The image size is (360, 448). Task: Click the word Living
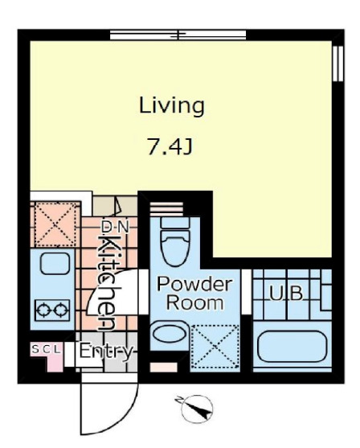point(172,106)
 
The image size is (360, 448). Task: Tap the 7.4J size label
point(170,146)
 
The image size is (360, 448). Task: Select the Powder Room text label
point(194,293)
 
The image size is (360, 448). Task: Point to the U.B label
point(286,293)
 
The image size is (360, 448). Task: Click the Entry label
point(106,351)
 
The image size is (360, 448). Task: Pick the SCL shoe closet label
point(47,349)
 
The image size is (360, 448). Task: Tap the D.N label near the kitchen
point(116,227)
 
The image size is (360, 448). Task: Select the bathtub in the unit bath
point(292,346)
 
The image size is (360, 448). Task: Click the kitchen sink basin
point(55,264)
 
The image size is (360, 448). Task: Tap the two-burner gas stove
point(52,310)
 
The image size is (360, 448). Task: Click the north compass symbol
point(197,409)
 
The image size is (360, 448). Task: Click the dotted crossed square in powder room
point(215,347)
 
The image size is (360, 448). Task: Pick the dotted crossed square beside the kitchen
point(55,224)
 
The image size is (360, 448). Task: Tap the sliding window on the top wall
point(178,35)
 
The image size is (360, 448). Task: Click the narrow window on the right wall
point(337,64)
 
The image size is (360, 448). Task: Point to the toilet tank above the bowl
point(175,223)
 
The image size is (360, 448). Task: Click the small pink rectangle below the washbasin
point(164,367)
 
